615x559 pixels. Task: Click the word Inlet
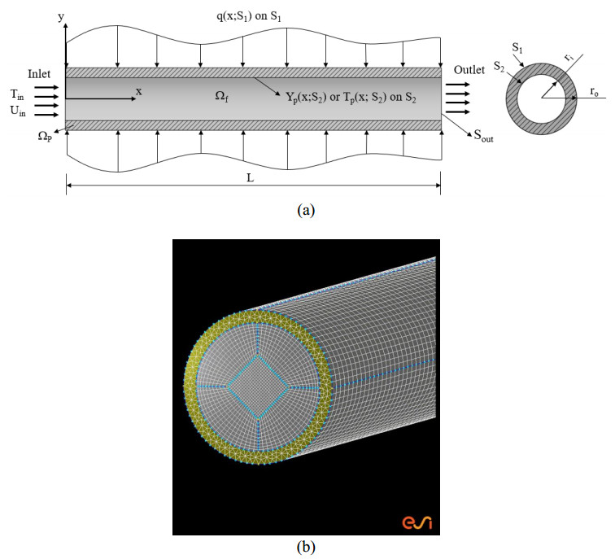point(39,74)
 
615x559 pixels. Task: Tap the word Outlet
point(469,70)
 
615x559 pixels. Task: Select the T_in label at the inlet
point(17,95)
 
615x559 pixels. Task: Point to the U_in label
point(18,111)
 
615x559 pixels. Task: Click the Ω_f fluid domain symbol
point(221,96)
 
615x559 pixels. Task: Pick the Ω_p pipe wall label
point(45,136)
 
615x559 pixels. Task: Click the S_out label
point(483,135)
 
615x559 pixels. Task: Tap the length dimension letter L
point(251,178)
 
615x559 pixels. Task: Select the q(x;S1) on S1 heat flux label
point(249,17)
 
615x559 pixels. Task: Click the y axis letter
point(61,18)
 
